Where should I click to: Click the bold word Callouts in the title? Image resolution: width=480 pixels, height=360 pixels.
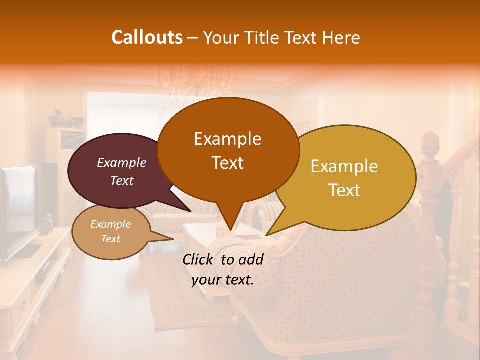pos(147,37)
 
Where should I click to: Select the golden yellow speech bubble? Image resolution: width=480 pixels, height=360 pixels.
pos(350,177)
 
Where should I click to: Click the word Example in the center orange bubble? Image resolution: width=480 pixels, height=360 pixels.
pos(227,139)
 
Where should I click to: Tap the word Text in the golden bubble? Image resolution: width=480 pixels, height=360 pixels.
pos(344,190)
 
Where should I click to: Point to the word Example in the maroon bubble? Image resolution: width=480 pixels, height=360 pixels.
pos(121,162)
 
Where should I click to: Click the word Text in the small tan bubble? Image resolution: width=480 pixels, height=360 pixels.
pos(110,239)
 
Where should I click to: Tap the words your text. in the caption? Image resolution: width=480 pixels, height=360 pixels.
pos(223,280)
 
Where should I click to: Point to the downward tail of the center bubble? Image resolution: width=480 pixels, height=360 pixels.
pos(229,222)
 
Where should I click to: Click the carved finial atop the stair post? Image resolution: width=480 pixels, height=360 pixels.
pos(430,145)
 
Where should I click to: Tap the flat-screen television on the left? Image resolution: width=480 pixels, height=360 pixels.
pos(17,210)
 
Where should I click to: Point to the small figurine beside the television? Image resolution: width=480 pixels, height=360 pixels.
pos(46,223)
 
